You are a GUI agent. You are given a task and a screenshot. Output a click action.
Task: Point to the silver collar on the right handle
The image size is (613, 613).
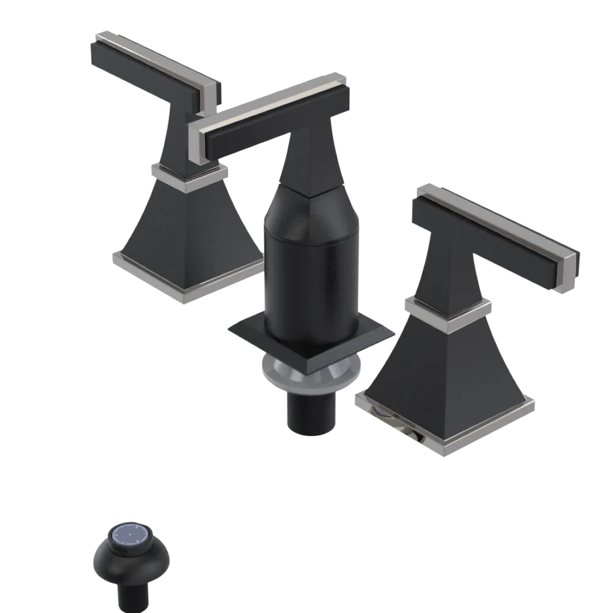pos(447,310)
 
